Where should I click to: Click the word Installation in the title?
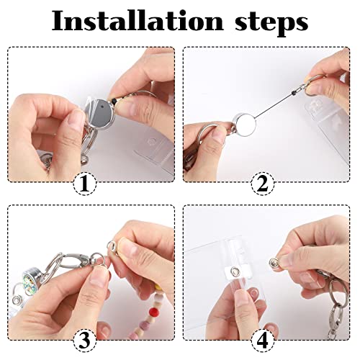pyautogui.click(x=138, y=21)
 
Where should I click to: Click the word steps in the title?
pyautogui.click(x=271, y=23)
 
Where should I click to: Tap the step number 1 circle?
pyautogui.click(x=84, y=184)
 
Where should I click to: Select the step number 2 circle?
pyautogui.click(x=263, y=184)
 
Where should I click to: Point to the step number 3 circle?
pyautogui.click(x=84, y=341)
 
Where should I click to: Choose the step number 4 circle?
pyautogui.click(x=263, y=341)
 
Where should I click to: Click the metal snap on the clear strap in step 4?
pyautogui.click(x=235, y=272)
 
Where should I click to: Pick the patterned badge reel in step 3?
pyautogui.click(x=30, y=282)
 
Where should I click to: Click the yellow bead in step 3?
pyautogui.click(x=158, y=287)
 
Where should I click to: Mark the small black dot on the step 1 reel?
pyautogui.click(x=102, y=106)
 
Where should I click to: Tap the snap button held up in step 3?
pyautogui.click(x=112, y=246)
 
